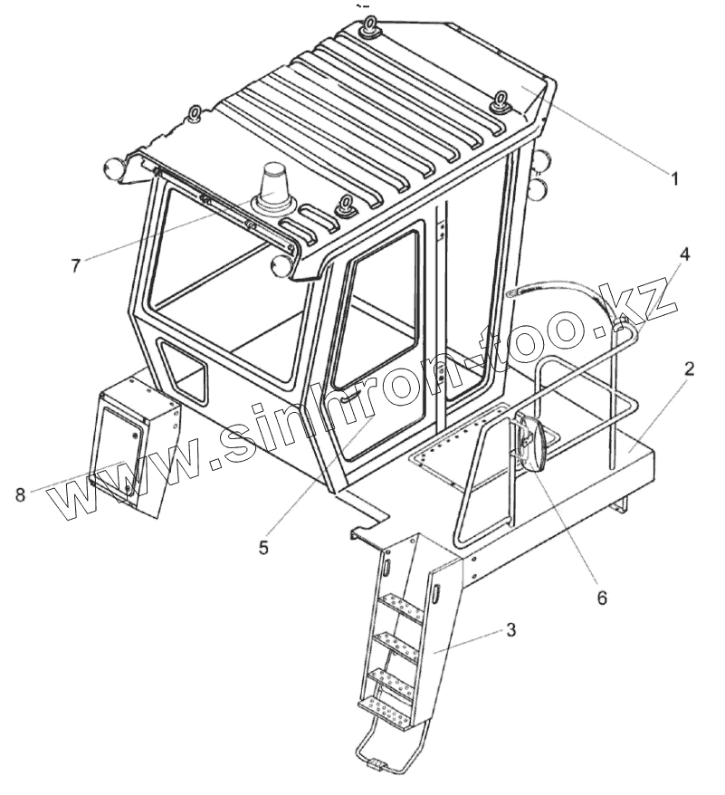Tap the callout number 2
[689, 369]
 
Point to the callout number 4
[684, 254]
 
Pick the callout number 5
[263, 547]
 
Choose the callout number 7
[76, 264]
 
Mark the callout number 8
[20, 493]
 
